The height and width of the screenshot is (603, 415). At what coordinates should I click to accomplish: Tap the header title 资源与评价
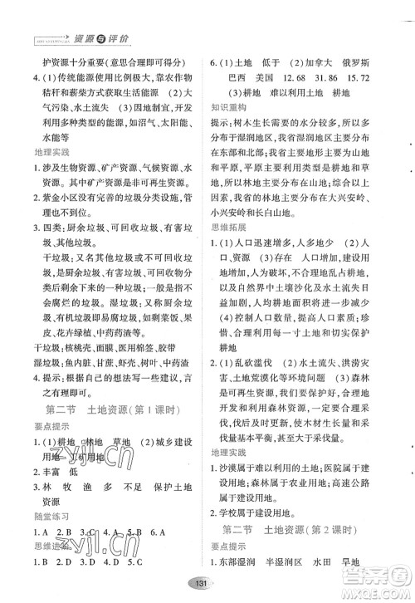coord(104,38)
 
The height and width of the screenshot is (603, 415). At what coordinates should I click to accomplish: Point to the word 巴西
coord(240,77)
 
